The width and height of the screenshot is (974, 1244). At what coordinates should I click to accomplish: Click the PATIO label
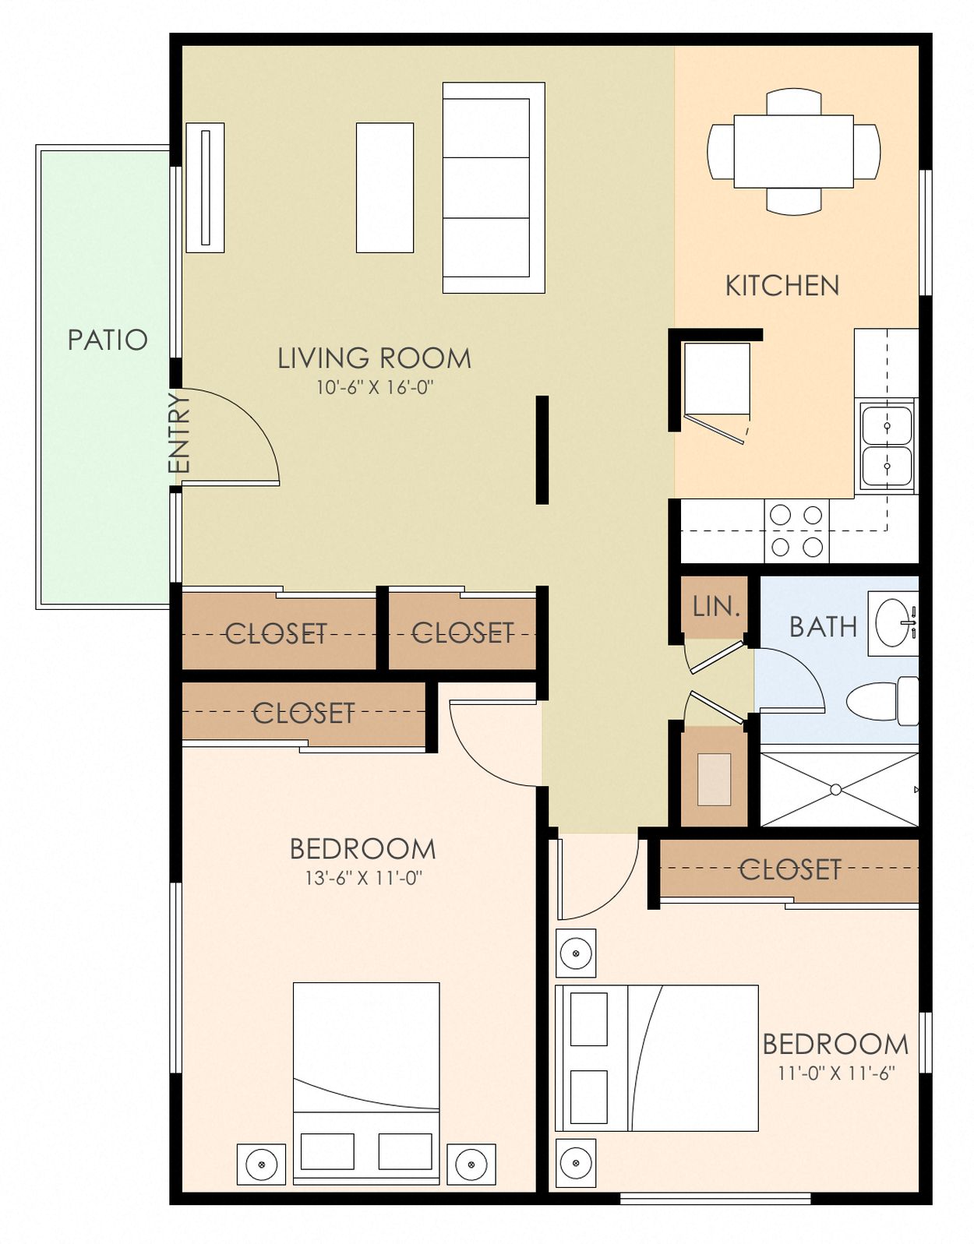(108, 340)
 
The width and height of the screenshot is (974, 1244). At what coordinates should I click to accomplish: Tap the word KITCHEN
(782, 286)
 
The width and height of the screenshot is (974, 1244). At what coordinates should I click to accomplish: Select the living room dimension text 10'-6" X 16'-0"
(374, 387)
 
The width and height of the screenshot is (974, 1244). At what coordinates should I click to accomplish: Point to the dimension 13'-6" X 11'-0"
(363, 878)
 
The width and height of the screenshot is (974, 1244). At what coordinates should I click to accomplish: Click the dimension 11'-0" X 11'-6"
(836, 1073)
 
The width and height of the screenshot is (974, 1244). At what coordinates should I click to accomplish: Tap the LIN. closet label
(715, 607)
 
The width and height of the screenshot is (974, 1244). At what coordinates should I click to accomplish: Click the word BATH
(823, 626)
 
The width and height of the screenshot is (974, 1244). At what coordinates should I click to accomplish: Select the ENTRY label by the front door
(179, 432)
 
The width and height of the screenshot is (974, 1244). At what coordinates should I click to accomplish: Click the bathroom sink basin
(893, 622)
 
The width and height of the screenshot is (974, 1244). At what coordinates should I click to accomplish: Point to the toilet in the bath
(880, 701)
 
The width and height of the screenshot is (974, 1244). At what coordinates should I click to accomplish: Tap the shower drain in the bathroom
(835, 789)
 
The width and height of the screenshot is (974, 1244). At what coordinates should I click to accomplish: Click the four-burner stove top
(796, 530)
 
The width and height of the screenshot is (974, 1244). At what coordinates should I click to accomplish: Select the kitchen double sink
(887, 446)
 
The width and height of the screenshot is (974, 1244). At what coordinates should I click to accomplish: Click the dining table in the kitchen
(793, 151)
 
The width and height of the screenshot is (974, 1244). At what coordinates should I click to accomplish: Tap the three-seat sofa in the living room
(493, 188)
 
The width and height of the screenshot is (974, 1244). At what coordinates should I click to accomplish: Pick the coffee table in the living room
(385, 188)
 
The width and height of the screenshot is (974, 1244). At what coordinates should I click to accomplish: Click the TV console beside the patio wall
(205, 188)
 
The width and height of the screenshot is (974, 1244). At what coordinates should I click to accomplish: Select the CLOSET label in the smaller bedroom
(790, 869)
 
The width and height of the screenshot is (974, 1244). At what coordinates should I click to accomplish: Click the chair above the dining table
(793, 101)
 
